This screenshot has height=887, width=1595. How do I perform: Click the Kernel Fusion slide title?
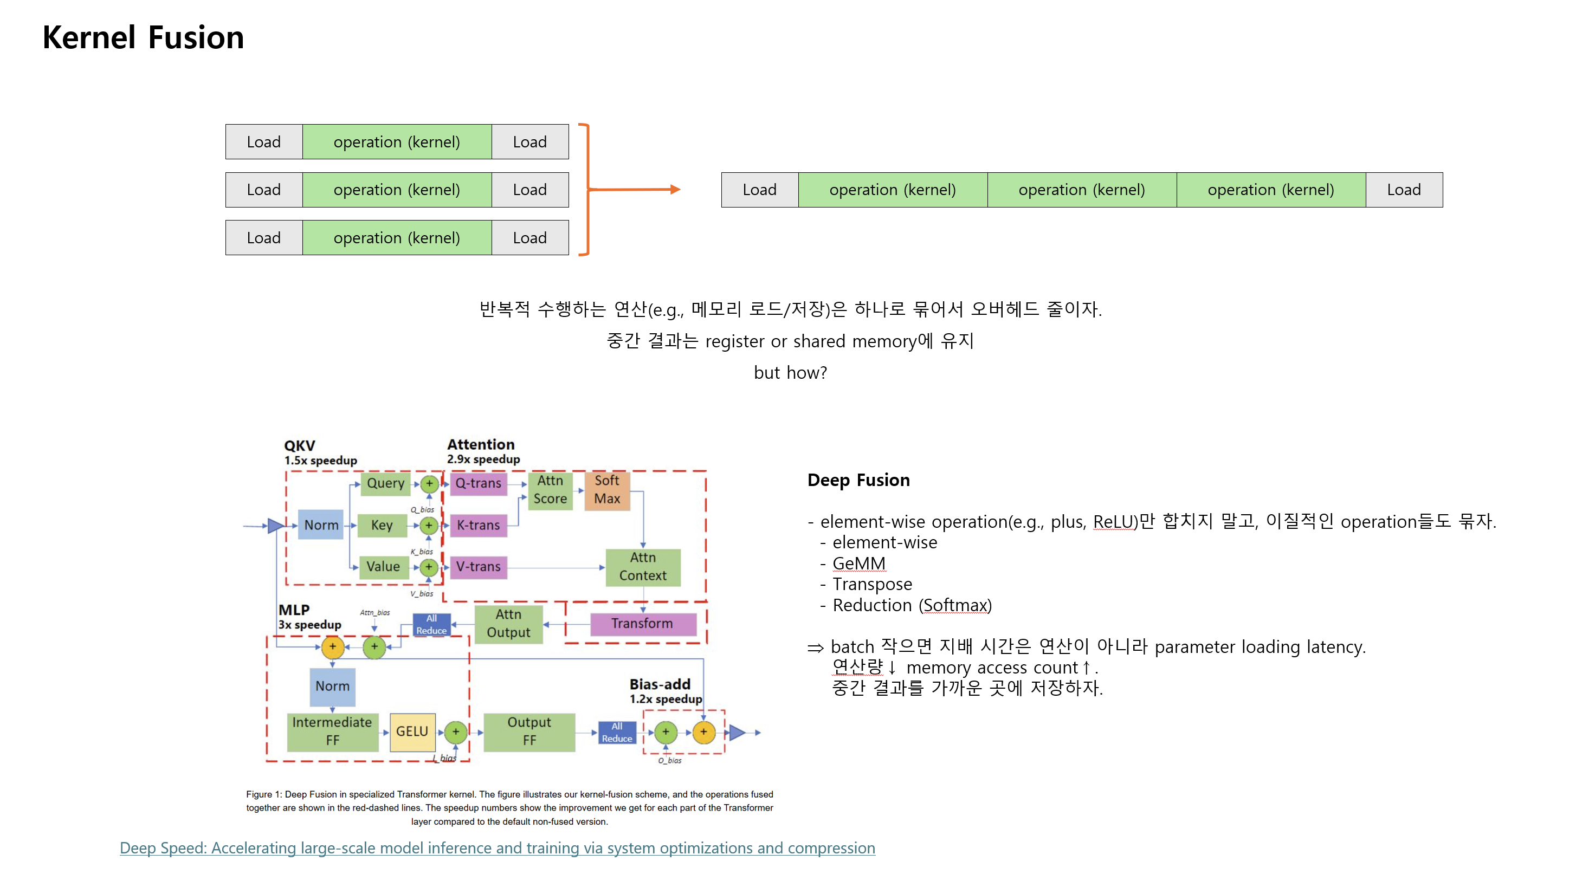point(143,37)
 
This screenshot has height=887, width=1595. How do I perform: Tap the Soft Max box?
point(607,490)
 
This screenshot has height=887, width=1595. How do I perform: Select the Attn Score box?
point(550,490)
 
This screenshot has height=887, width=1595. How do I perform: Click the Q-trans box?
point(478,483)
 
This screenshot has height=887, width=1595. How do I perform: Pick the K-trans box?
point(478,526)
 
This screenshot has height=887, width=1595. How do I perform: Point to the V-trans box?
point(478,567)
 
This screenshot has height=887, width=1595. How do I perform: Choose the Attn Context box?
point(643,567)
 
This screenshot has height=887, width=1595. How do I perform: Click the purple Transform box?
point(642,624)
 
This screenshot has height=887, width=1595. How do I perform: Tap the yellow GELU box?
point(412,731)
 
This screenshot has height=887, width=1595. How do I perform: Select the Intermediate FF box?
point(333,731)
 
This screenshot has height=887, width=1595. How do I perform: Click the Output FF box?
point(529,731)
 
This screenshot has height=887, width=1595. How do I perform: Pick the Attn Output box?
point(508,624)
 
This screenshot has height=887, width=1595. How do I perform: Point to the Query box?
point(385,483)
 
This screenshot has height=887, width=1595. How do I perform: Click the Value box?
point(383,567)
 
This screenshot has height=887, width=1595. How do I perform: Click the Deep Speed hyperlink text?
point(497,848)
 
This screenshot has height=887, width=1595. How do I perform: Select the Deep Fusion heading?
point(858,480)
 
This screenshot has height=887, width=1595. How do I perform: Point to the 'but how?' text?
point(790,373)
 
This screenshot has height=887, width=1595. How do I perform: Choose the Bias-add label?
point(660,684)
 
